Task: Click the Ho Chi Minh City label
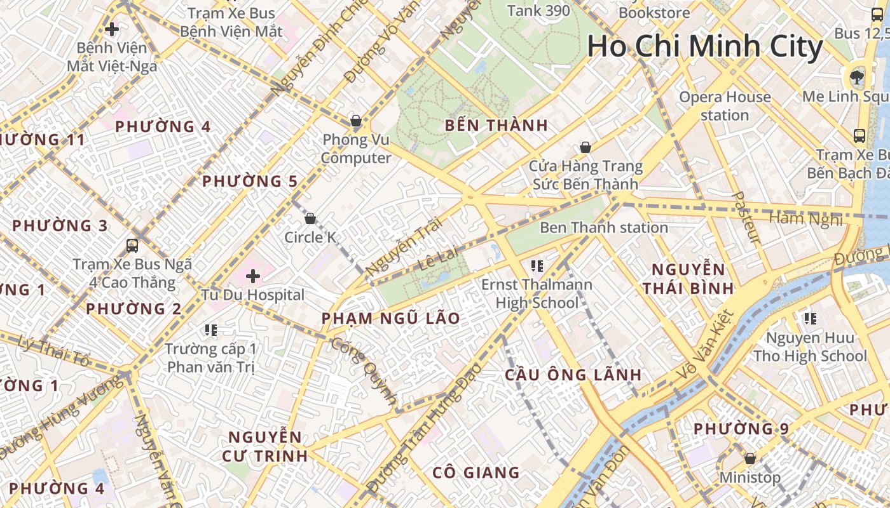pyautogui.click(x=704, y=47)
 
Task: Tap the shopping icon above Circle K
pyautogui.click(x=310, y=219)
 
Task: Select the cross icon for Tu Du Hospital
pyautogui.click(x=253, y=276)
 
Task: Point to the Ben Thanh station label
pyautogui.click(x=603, y=227)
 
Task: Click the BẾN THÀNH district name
pyautogui.click(x=496, y=125)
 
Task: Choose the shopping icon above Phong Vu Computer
pyautogui.click(x=356, y=121)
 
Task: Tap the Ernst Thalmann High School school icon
pyautogui.click(x=537, y=265)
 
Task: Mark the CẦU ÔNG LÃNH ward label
pyautogui.click(x=573, y=375)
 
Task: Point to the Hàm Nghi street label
pyautogui.click(x=805, y=219)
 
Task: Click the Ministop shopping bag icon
pyautogui.click(x=750, y=458)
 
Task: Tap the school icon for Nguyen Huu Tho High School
pyautogui.click(x=810, y=318)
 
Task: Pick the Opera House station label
pyautogui.click(x=725, y=106)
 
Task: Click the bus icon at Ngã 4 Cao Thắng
pyautogui.click(x=132, y=245)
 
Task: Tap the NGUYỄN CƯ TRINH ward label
pyautogui.click(x=264, y=446)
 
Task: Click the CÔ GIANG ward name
pyautogui.click(x=476, y=472)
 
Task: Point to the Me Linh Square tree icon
pyautogui.click(x=857, y=77)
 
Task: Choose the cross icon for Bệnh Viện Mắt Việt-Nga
pyautogui.click(x=112, y=29)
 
